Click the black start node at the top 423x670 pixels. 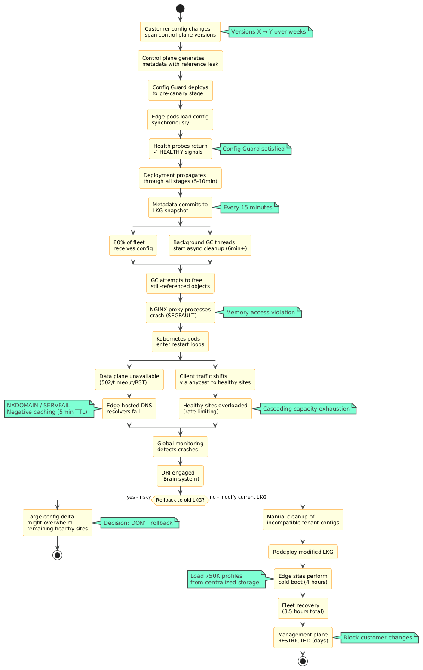(x=180, y=9)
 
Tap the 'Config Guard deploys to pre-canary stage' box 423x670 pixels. (x=180, y=90)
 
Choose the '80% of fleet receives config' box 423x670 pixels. (x=133, y=245)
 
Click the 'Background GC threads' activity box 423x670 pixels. (x=210, y=245)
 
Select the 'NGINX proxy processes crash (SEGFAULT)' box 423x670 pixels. (x=180, y=313)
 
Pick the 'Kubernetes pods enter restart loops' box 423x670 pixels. (x=180, y=342)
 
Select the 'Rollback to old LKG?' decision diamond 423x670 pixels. (x=180, y=500)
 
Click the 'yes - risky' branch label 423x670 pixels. (x=138, y=497)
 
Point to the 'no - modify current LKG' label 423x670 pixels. (x=238, y=497)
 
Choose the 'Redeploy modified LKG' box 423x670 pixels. (x=303, y=552)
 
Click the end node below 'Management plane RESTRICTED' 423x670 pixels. (x=303, y=661)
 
